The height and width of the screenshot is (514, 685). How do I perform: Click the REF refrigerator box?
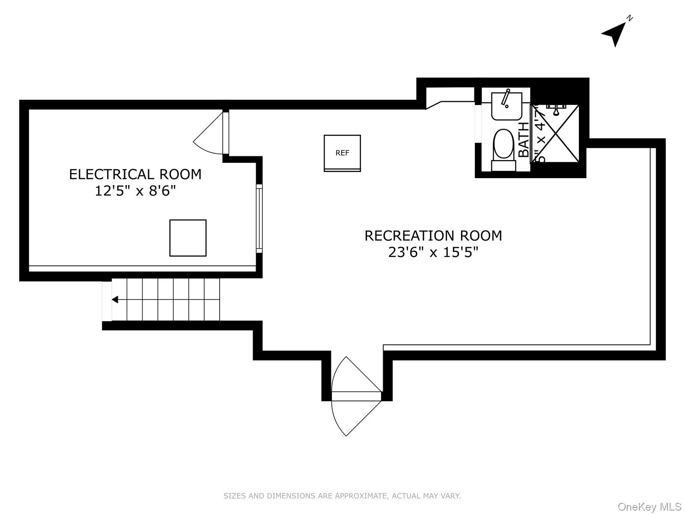pyautogui.click(x=342, y=153)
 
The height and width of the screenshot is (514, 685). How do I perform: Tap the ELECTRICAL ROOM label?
pyautogui.click(x=135, y=174)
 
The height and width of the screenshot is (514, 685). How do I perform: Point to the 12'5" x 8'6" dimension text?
pyautogui.click(x=135, y=191)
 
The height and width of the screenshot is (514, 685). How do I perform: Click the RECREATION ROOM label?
pyautogui.click(x=433, y=236)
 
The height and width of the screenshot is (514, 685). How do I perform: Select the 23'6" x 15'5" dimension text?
pyautogui.click(x=433, y=252)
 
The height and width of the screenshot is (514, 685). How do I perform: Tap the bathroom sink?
pyautogui.click(x=506, y=107)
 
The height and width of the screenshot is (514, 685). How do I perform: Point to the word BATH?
pyautogui.click(x=524, y=140)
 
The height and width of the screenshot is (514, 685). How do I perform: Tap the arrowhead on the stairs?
pyautogui.click(x=115, y=299)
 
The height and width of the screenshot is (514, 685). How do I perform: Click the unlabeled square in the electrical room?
pyautogui.click(x=188, y=238)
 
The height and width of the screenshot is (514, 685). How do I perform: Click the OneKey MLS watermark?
pyautogui.click(x=649, y=507)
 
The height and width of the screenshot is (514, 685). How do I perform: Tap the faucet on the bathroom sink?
pyautogui.click(x=506, y=98)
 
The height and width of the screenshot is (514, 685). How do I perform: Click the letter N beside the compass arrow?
pyautogui.click(x=630, y=18)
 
